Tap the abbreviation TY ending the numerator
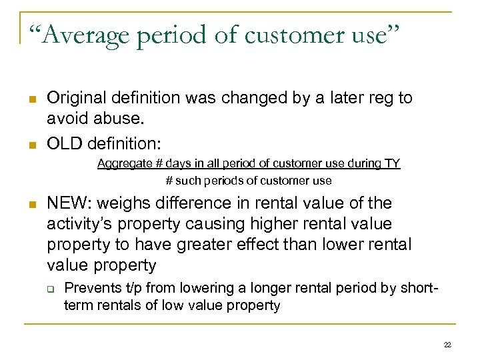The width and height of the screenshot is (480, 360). click(392, 163)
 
